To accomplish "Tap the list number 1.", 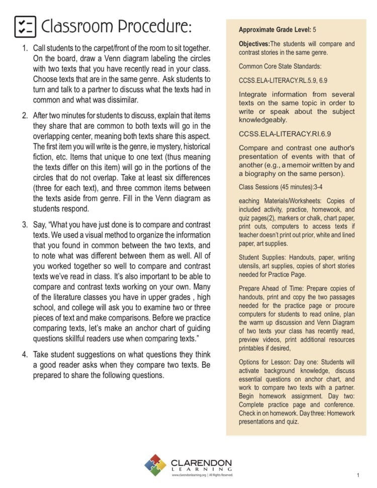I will click(25, 48).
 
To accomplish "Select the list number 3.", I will click(25, 224).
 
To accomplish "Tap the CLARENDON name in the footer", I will click(201, 462).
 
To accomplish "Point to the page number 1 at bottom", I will click(358, 475).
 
